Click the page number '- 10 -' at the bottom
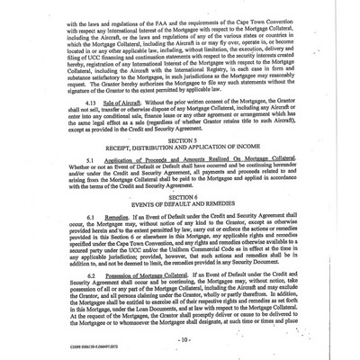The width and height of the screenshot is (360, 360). (x=181, y=341)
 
